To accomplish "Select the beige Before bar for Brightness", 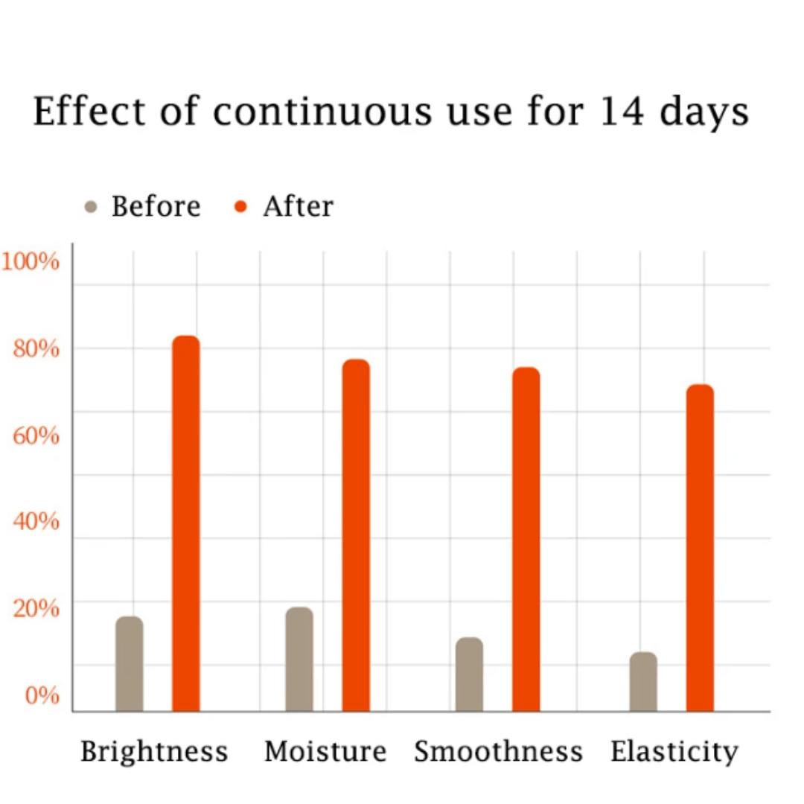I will [130, 663].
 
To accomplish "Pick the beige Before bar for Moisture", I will [299, 659].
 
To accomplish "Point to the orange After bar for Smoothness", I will [526, 539].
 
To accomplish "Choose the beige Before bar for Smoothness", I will [469, 674].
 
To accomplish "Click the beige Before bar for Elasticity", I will [643, 681].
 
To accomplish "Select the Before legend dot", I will [92, 206].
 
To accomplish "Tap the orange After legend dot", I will [240, 206].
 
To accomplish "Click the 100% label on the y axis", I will [31, 261].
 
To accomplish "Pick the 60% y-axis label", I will [36, 435].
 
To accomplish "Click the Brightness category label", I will [154, 751].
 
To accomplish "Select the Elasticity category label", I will [674, 751].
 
